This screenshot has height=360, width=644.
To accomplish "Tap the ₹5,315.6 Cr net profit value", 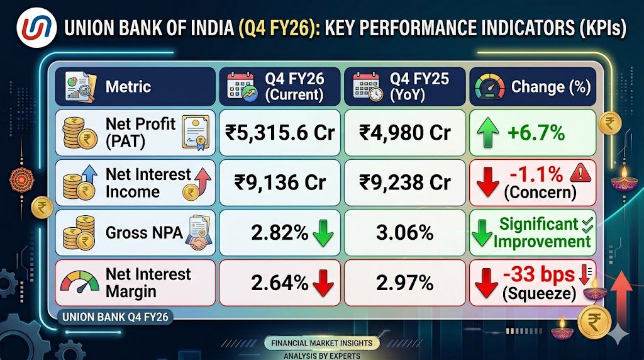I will point(280,133).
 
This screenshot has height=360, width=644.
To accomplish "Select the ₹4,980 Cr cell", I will point(405,133).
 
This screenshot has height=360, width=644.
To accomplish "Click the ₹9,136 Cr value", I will point(280,183).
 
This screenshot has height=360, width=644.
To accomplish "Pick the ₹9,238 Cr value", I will point(405,183).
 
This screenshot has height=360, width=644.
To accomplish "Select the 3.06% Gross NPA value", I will point(405,233).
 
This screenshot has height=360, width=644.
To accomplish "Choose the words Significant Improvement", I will point(541,232).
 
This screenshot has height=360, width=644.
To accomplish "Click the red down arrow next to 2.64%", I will point(323,284).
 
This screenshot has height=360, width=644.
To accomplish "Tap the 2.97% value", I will point(405,283).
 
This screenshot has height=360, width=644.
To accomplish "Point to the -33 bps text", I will point(538,274).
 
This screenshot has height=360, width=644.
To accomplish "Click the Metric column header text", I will point(128,86).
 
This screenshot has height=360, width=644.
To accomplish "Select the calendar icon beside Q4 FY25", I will point(367,86).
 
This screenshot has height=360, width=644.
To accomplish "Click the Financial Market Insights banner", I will point(321,343).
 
